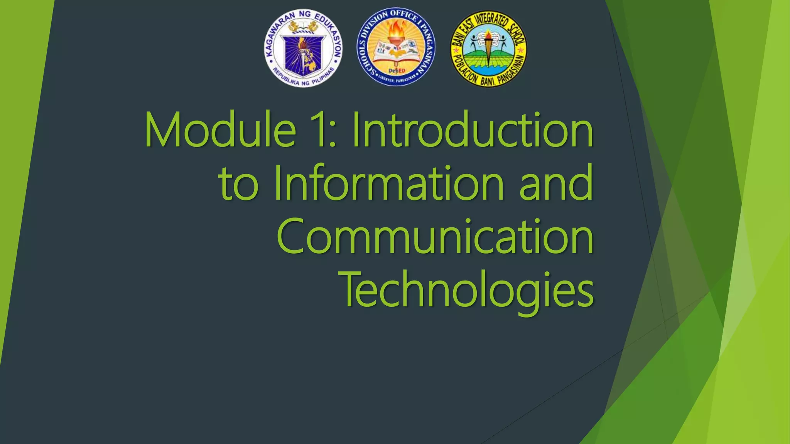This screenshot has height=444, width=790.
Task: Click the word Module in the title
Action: click(220, 130)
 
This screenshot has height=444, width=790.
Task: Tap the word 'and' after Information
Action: click(555, 183)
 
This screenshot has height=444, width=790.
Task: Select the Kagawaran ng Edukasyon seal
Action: click(303, 48)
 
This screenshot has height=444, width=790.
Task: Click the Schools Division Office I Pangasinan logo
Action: click(396, 47)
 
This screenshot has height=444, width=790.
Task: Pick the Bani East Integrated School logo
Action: click(488, 49)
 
